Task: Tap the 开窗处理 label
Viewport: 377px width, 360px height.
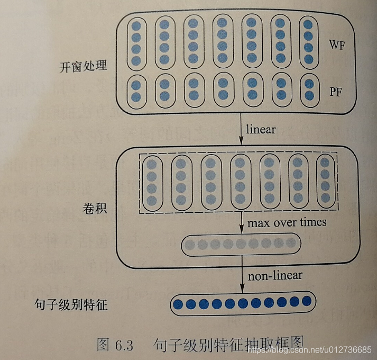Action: click(84, 67)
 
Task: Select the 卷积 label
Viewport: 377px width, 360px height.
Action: click(95, 208)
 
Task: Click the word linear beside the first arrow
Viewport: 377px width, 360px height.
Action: click(261, 129)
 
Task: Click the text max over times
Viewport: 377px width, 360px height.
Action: click(287, 222)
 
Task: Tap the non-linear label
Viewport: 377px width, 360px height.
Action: click(275, 275)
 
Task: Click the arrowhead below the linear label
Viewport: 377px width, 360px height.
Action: click(241, 141)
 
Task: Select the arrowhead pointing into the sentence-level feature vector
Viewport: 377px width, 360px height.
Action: click(242, 288)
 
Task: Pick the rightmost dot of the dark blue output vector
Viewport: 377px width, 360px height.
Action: click(308, 301)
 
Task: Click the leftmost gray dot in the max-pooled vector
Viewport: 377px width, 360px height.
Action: click(189, 244)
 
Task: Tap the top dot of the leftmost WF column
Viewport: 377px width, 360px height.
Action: click(136, 25)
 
